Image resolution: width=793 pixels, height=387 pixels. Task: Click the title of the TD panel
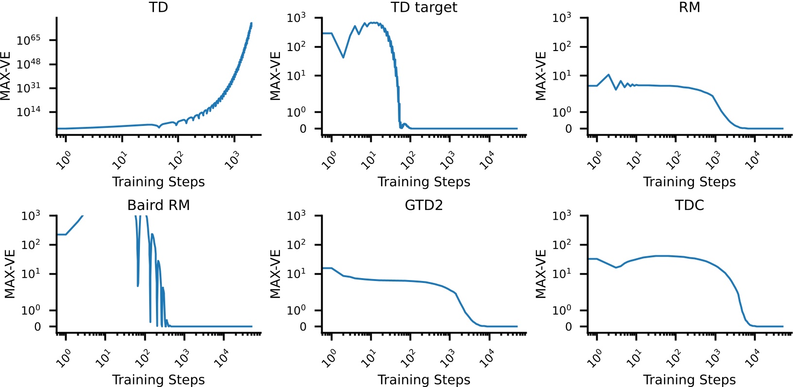(x=158, y=7)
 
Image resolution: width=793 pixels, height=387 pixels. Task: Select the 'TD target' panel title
(x=424, y=7)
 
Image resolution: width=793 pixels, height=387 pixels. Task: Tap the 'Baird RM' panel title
(x=158, y=205)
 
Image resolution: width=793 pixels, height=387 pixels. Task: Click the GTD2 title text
(x=424, y=205)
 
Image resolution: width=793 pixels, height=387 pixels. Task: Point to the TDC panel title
(x=689, y=205)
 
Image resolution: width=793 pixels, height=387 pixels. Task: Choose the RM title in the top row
(x=689, y=7)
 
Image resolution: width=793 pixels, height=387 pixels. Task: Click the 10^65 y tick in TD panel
(x=29, y=40)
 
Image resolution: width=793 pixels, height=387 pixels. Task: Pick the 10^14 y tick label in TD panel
(x=29, y=112)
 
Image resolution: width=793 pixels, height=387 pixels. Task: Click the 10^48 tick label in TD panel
(x=29, y=64)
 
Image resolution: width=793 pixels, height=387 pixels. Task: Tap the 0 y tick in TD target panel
(x=303, y=129)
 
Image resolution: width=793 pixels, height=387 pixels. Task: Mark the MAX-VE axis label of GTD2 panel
(x=276, y=274)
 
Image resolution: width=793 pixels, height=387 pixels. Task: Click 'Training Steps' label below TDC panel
(x=689, y=380)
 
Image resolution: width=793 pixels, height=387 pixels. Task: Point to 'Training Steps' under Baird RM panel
(x=158, y=380)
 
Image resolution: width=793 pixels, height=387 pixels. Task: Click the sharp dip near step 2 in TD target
(x=343, y=57)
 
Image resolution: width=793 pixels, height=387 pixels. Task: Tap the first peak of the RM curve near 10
(x=608, y=75)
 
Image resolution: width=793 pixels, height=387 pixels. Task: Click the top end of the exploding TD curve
(x=251, y=23)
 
